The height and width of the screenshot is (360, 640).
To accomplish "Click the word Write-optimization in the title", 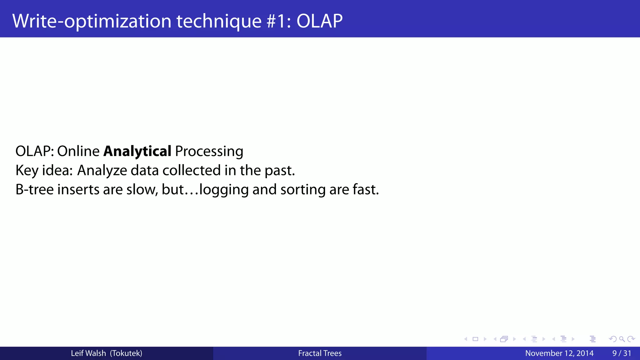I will (x=92, y=21).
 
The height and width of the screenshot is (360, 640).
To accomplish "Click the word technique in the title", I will (x=219, y=21).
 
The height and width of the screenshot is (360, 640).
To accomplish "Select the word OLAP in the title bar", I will (x=319, y=21).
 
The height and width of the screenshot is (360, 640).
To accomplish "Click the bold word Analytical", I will (x=137, y=151).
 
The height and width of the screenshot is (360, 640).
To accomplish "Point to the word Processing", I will (x=209, y=151).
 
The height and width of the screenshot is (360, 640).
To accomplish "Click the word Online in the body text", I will (x=78, y=151).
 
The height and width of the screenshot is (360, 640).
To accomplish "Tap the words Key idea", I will (x=44, y=171).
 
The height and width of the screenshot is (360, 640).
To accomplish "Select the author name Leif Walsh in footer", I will (x=88, y=353).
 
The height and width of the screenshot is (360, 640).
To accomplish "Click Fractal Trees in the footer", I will (x=320, y=353).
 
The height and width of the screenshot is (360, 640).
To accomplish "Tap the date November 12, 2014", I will (x=559, y=353).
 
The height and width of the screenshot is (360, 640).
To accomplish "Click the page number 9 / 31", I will (x=622, y=353).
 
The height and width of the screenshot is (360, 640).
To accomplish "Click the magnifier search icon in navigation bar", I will (x=622, y=339).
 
